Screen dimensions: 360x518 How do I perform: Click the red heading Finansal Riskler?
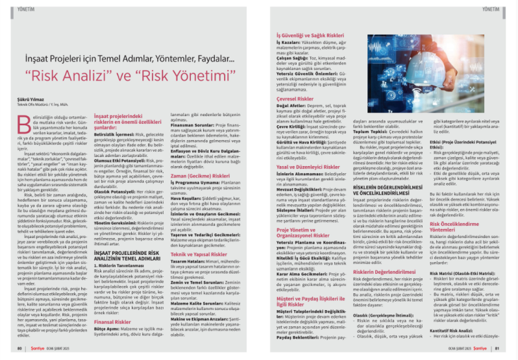click(x=114, y=320)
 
